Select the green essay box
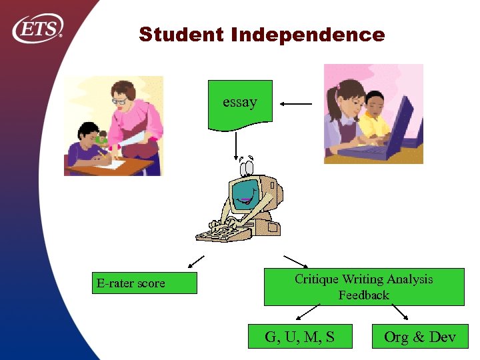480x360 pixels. [240, 103]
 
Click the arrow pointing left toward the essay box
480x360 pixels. [295, 104]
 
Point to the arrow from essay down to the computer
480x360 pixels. [236, 146]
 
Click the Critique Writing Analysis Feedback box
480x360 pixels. [363, 287]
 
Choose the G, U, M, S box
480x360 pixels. [299, 337]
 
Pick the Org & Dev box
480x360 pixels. [420, 337]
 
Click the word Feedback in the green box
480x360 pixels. [363, 295]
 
